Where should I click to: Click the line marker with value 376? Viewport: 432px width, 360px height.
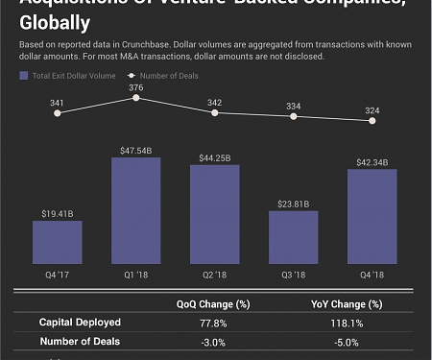136,98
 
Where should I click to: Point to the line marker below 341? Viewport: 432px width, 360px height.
58,113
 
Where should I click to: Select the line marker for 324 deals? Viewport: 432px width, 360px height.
372,120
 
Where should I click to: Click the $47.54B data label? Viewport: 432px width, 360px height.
136,150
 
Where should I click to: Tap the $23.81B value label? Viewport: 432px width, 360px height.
294,204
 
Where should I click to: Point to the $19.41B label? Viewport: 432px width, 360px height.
58,213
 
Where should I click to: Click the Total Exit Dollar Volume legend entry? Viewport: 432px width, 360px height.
66,73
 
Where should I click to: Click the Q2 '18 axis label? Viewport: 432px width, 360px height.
215,275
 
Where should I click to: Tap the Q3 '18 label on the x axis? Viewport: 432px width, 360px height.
294,275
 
